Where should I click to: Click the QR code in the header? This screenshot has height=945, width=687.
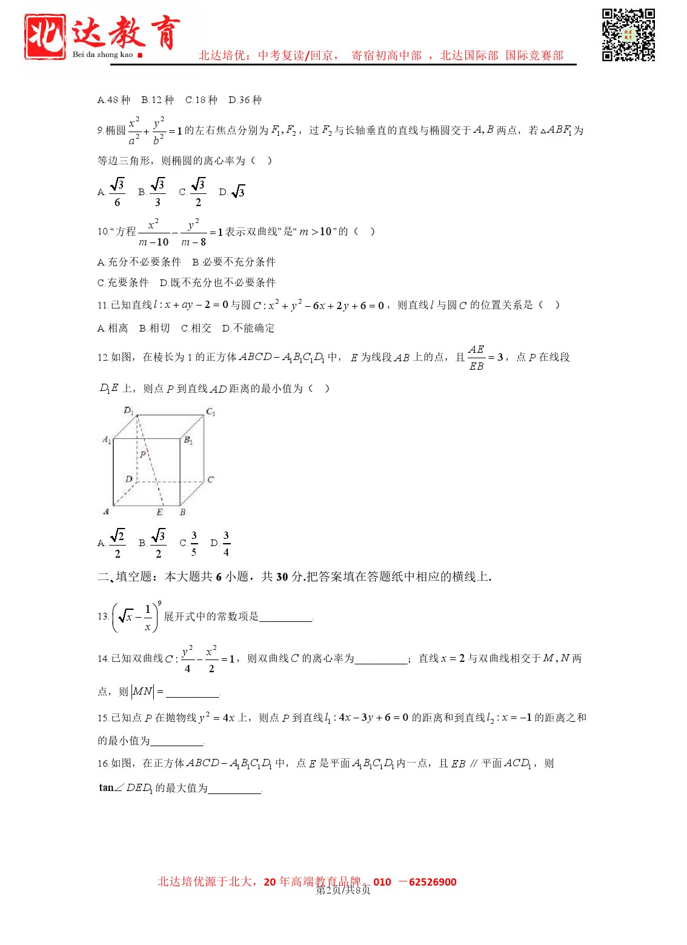point(628,35)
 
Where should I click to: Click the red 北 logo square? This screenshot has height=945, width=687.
point(45,36)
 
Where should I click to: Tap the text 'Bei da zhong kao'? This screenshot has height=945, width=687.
point(102,55)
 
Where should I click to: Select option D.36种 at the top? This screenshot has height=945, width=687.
point(245,100)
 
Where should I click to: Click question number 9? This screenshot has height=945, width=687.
point(100,130)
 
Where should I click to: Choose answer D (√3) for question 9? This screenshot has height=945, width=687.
point(233,192)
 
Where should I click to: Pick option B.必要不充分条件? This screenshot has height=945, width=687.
point(234,262)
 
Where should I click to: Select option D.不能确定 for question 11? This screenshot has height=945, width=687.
point(248,328)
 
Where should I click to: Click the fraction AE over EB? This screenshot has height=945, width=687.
point(476,358)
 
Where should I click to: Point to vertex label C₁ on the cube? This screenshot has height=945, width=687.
point(211,412)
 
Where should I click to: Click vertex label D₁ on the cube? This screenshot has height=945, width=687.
point(128,411)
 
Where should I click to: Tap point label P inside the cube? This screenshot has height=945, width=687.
point(143,454)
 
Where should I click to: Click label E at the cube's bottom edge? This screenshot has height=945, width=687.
point(159,512)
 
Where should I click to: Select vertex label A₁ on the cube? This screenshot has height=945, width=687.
point(107,439)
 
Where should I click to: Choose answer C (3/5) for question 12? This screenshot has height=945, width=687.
point(189,543)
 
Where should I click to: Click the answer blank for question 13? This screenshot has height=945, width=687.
point(285,617)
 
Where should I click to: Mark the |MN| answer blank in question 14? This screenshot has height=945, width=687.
point(192,692)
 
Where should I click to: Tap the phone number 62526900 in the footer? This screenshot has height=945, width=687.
point(433,882)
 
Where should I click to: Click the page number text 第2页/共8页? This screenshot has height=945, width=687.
point(343,890)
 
